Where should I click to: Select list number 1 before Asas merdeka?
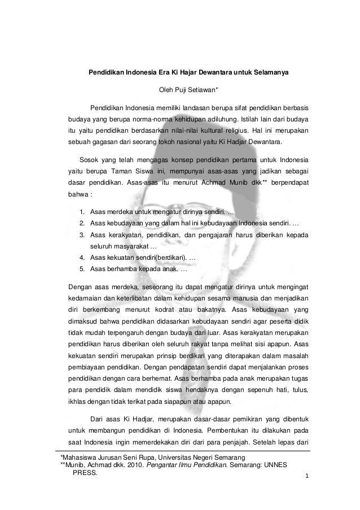click(82, 212)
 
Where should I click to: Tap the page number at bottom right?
click(306, 477)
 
